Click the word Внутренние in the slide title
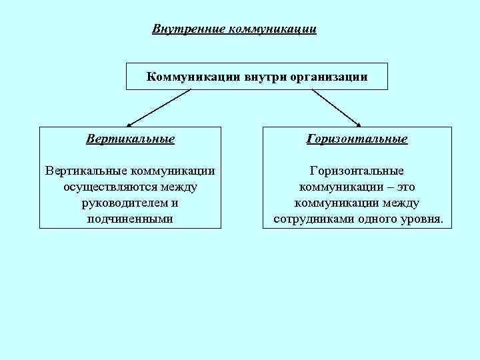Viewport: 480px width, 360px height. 189,29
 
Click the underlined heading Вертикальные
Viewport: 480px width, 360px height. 131,139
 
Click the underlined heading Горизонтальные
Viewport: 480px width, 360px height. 357,139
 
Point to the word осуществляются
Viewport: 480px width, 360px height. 105,187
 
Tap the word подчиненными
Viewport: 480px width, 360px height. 130,219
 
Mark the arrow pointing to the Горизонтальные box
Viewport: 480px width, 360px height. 337,108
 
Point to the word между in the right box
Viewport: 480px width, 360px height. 399,203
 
